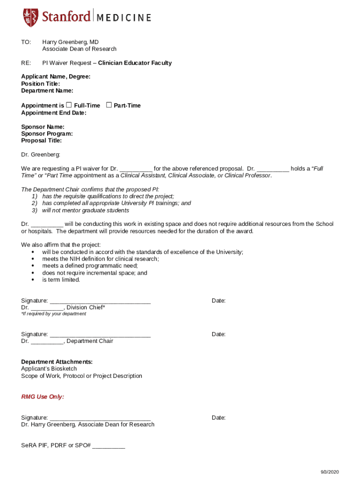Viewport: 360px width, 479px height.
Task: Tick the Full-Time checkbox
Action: pos(69,105)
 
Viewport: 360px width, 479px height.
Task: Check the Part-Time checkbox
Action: pos(109,105)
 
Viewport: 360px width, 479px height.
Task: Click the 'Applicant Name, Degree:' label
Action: pos(56,77)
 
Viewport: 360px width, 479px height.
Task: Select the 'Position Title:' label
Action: pos(40,84)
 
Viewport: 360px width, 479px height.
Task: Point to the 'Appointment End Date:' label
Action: pos(54,113)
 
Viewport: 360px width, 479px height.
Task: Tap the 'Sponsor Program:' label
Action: pos(47,134)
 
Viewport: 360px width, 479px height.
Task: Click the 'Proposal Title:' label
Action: pos(41,141)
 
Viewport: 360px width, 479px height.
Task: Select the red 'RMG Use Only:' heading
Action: pos(43,397)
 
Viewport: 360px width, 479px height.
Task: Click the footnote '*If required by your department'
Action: pos(54,314)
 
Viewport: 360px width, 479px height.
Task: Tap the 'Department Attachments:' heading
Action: pos(57,362)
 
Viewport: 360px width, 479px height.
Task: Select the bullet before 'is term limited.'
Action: pos(33,280)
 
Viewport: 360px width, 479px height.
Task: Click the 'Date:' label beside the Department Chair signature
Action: pos(219,334)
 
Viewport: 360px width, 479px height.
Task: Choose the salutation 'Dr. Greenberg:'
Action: pos(41,155)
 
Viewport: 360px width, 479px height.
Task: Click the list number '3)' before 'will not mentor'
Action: pos(35,210)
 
